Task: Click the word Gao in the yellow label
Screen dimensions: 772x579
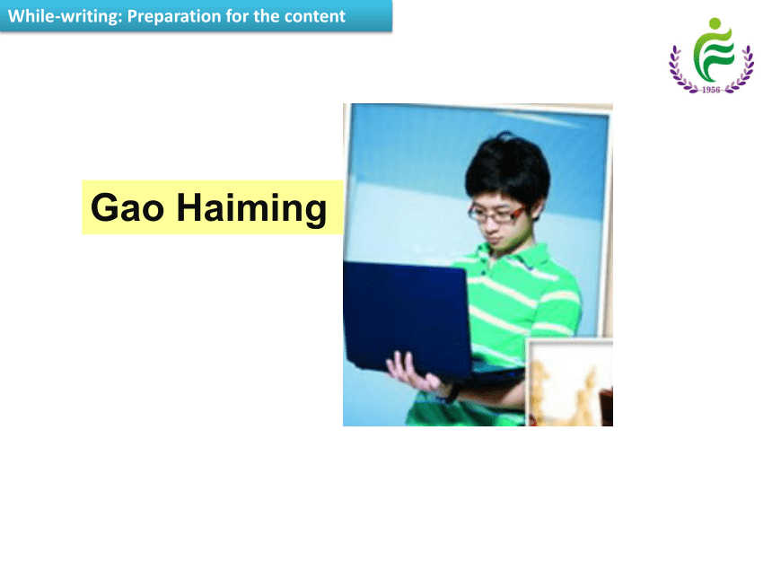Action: (x=127, y=207)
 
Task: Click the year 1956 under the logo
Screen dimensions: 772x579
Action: (x=711, y=90)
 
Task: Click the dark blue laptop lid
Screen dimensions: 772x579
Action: (x=406, y=315)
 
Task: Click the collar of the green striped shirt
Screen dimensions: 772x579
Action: (x=517, y=256)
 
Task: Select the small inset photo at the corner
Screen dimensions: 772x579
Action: (x=570, y=382)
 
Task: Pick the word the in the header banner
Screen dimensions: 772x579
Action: (x=267, y=16)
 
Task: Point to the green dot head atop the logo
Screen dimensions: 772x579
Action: (x=715, y=23)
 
